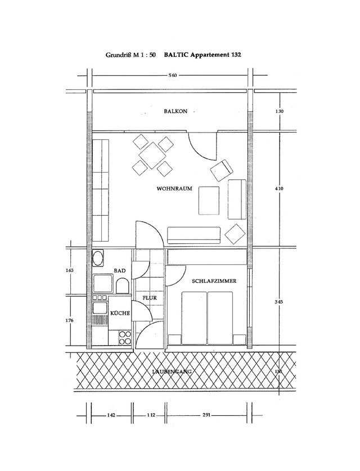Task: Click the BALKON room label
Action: [x=176, y=112]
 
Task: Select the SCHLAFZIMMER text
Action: [x=213, y=280]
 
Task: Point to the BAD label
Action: [x=120, y=271]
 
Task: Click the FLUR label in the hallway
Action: [x=148, y=298]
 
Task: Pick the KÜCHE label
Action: [x=120, y=313]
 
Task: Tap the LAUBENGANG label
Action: [x=173, y=372]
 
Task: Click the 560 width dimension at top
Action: [x=173, y=75]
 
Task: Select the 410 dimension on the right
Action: [x=280, y=189]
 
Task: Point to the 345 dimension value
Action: [x=280, y=302]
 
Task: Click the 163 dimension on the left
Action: [x=70, y=271]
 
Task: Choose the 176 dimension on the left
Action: [x=70, y=320]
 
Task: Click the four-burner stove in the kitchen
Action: [x=124, y=337]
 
